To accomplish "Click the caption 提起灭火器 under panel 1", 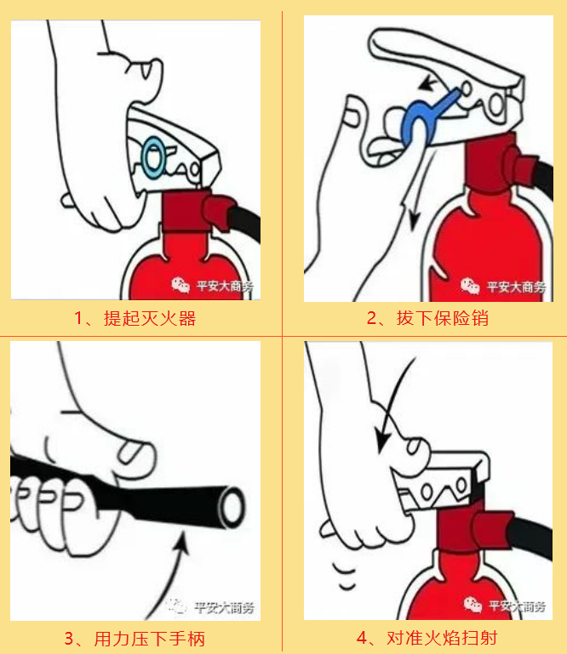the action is [x=150, y=318].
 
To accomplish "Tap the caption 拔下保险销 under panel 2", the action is [x=443, y=318].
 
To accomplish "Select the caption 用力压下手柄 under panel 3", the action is [x=150, y=639].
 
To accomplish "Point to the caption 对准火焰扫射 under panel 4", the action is [x=442, y=638].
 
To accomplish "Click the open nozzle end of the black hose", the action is [x=232, y=507].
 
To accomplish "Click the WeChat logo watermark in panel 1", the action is [x=180, y=285].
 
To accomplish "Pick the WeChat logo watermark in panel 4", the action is [x=473, y=605].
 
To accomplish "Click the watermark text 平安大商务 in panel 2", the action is [x=517, y=287].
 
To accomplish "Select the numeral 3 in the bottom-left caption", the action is [x=69, y=639].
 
